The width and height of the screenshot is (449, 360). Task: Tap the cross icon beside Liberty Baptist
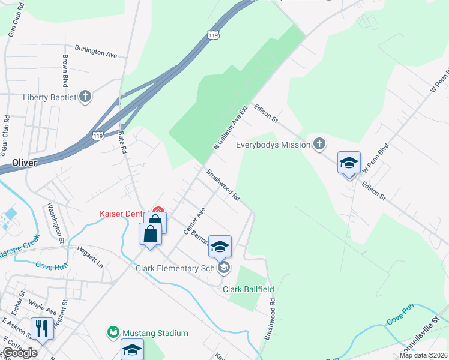click(x=85, y=97)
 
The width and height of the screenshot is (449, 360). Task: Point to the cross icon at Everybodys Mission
click(x=319, y=144)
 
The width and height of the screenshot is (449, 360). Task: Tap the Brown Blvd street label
click(x=64, y=70)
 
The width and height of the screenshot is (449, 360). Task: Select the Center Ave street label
click(x=194, y=221)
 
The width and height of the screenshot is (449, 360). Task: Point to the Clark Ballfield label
click(x=249, y=289)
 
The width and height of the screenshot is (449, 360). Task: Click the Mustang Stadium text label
click(x=155, y=333)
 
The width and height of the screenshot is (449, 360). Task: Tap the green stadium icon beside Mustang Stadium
click(x=113, y=332)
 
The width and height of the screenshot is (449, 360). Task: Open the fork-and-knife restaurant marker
click(x=41, y=328)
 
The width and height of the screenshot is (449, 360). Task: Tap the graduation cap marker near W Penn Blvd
click(x=349, y=163)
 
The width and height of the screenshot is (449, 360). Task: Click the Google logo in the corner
click(x=20, y=353)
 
